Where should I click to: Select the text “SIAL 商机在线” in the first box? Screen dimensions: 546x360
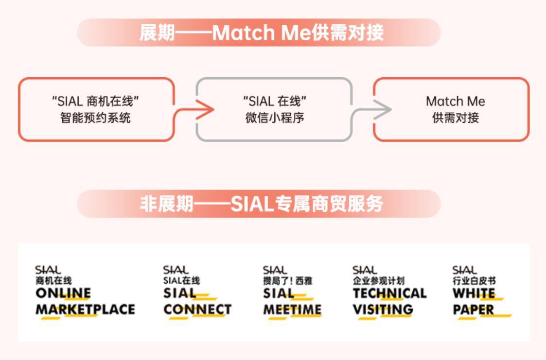(95, 101)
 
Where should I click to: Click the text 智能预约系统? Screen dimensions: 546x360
(95, 118)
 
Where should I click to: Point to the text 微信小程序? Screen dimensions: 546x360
(274, 118)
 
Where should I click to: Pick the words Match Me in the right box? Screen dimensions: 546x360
(456, 101)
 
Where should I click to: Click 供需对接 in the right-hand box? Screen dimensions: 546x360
(456, 118)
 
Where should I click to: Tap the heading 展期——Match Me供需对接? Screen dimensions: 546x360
(262, 33)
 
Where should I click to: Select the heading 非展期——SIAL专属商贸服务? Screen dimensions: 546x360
(262, 204)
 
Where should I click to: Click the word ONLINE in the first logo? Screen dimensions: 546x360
(63, 293)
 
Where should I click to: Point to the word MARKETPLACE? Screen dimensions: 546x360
(85, 309)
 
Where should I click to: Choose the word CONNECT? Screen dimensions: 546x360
(197, 309)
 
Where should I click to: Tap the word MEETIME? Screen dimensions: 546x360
(292, 309)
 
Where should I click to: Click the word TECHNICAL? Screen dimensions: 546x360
(389, 293)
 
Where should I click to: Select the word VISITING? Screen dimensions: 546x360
(383, 309)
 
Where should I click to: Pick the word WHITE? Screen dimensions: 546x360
(474, 293)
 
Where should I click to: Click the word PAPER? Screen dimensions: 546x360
(473, 309)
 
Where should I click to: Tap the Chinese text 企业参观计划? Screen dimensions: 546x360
(379, 281)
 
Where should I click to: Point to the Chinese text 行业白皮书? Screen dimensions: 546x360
(474, 281)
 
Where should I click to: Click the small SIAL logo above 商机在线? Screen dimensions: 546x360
(48, 270)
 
